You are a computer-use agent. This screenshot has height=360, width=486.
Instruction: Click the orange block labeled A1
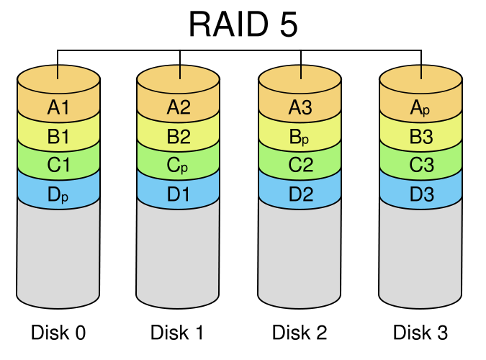(x=58, y=108)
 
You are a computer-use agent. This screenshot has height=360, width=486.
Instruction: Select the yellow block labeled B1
(x=58, y=137)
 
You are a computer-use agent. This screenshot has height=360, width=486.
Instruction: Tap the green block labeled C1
(x=58, y=166)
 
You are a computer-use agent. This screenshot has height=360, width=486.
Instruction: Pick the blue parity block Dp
(x=58, y=194)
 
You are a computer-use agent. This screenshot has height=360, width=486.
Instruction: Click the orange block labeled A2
(x=178, y=108)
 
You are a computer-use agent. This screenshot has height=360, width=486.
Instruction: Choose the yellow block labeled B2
(x=178, y=137)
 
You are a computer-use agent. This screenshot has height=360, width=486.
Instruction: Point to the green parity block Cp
(x=178, y=166)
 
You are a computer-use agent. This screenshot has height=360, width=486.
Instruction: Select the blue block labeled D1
(x=178, y=194)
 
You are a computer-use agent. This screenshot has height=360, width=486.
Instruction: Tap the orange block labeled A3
(x=300, y=108)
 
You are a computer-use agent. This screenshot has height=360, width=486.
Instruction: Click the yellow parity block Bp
(x=300, y=137)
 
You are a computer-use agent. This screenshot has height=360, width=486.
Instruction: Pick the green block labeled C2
(x=300, y=166)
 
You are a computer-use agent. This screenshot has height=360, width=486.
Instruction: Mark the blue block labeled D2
(x=300, y=194)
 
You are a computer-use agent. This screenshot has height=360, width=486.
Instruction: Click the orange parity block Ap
(x=420, y=108)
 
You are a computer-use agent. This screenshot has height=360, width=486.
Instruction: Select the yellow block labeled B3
(x=420, y=137)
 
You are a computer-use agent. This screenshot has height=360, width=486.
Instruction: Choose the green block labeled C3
(x=420, y=166)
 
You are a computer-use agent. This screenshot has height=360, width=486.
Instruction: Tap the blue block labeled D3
(x=420, y=194)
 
